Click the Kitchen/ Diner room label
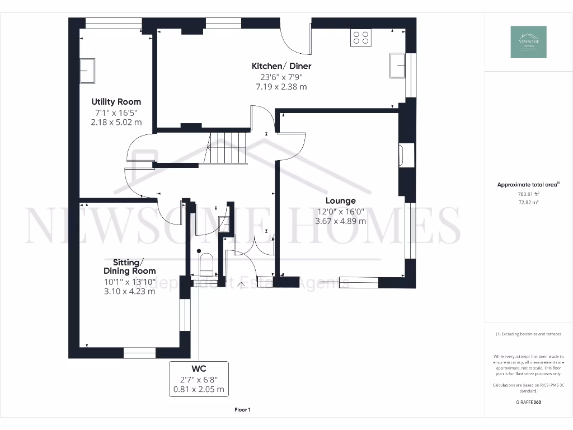coord(281,66)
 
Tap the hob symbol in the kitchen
coord(361,38)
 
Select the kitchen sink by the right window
coord(398,66)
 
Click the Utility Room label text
coord(116,102)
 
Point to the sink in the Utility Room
coord(87,71)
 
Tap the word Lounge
coord(341,200)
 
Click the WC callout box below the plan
coord(199,379)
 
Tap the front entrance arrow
coord(242,287)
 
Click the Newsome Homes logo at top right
coord(528,42)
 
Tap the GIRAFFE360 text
coord(528,402)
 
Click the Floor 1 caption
coord(242,410)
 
